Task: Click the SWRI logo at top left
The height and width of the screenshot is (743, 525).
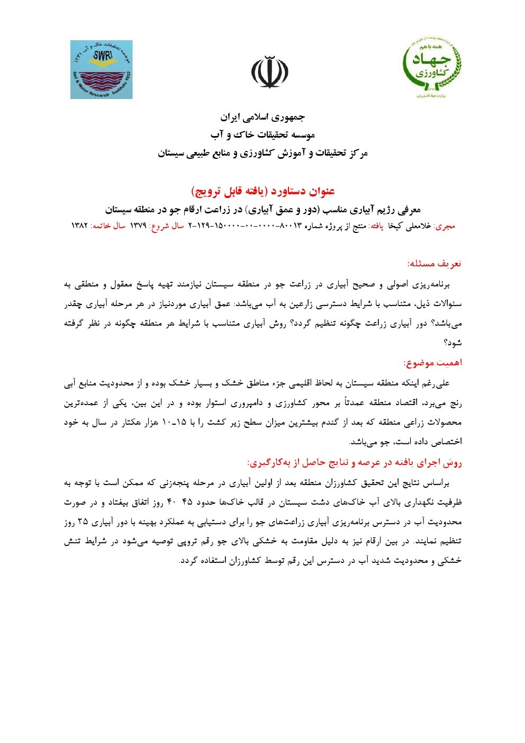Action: pyautogui.click(x=101, y=69)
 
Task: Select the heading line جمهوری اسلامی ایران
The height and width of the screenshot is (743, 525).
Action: pyautogui.click(x=262, y=117)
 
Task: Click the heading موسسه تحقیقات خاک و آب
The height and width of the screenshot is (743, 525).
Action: pyautogui.click(x=262, y=135)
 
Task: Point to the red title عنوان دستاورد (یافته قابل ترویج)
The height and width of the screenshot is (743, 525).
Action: pyautogui.click(x=262, y=191)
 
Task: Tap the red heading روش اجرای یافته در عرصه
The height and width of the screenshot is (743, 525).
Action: pyautogui.click(x=355, y=462)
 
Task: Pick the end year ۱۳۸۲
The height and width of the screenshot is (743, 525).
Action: pyautogui.click(x=79, y=226)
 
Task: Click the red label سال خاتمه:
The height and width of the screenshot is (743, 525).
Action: pyautogui.click(x=108, y=226)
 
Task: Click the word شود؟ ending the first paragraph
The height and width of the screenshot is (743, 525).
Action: pyautogui.click(x=453, y=343)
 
